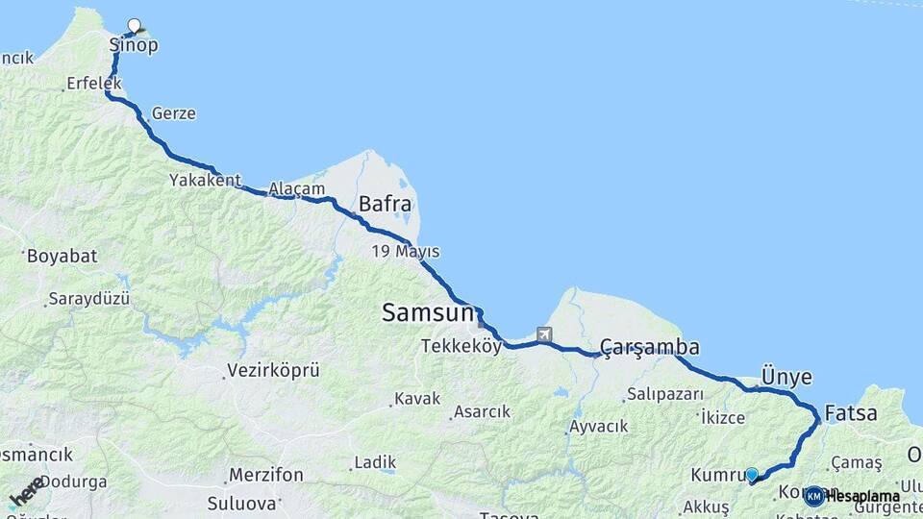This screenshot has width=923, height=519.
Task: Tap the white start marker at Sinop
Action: (x=134, y=26)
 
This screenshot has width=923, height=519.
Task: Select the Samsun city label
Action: (x=428, y=312)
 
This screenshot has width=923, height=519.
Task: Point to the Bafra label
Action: (x=385, y=204)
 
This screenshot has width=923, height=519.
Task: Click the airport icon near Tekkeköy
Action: (x=545, y=334)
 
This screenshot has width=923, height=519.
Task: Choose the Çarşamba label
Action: (x=650, y=347)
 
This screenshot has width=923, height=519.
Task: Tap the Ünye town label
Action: (x=786, y=376)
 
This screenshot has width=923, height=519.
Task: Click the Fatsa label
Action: (x=850, y=414)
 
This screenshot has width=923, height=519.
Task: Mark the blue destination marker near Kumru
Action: (x=752, y=474)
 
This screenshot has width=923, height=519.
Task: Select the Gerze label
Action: (x=173, y=113)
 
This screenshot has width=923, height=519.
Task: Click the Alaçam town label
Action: (x=297, y=189)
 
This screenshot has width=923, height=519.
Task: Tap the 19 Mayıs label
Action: (x=406, y=252)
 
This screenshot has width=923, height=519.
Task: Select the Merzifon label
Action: (x=266, y=475)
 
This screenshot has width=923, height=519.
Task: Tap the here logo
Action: (x=26, y=491)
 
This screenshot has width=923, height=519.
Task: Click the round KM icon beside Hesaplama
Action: (x=813, y=496)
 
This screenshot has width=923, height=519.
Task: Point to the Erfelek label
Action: (x=94, y=84)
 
